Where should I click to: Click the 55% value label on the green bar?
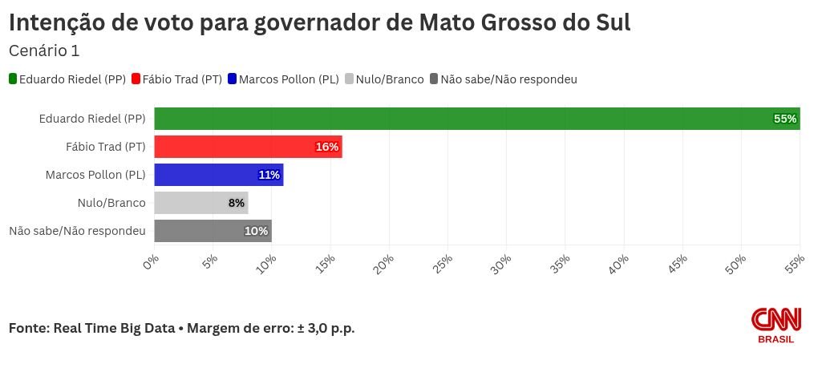coord(784,119)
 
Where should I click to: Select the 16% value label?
coord(326,147)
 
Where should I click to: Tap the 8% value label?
coord(236,203)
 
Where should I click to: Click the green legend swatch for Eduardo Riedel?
coord(13,79)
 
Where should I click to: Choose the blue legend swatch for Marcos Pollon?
coord(233,79)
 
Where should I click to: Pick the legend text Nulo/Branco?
coord(389,79)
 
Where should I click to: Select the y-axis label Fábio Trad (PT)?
coord(105,147)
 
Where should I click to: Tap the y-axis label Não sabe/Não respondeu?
coord(77,231)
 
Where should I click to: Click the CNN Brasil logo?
coord(775,325)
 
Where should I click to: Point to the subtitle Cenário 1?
coord(44,50)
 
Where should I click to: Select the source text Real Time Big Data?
coord(114,328)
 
